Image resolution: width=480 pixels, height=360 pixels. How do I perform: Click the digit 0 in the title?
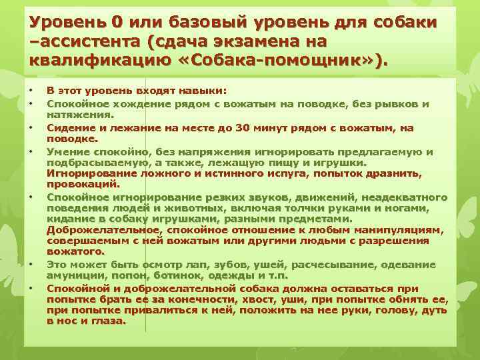click(117, 23)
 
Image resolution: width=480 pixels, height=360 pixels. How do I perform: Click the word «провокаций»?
click(83, 183)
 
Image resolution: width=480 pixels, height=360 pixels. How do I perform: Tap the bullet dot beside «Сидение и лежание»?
click(31, 127)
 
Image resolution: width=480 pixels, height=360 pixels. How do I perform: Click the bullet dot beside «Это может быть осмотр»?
click(31, 264)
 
